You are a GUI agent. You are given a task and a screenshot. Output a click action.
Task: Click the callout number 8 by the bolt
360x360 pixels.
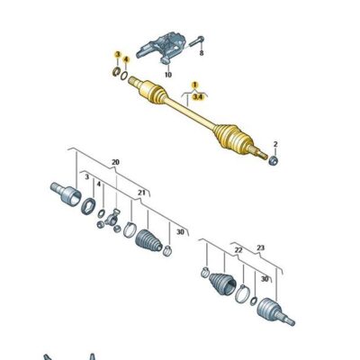(202, 54)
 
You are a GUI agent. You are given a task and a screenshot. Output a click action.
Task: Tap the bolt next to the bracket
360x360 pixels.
(199, 40)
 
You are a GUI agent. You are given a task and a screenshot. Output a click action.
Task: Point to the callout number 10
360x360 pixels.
(167, 75)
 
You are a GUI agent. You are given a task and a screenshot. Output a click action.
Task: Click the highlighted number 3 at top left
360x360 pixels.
(116, 56)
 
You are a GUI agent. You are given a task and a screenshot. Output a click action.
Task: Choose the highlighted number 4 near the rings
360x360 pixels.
(125, 59)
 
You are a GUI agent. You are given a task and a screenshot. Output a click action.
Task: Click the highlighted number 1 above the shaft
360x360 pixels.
(192, 84)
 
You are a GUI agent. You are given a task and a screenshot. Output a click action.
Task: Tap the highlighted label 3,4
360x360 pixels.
(196, 93)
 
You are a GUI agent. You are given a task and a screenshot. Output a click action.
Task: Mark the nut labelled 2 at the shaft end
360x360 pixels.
(272, 159)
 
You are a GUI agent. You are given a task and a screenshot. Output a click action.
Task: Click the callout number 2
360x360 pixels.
(275, 143)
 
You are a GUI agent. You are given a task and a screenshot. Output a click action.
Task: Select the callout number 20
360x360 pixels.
(115, 162)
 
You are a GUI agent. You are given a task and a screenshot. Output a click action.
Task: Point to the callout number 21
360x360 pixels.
(140, 193)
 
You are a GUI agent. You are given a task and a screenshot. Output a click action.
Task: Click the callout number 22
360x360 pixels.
(238, 248)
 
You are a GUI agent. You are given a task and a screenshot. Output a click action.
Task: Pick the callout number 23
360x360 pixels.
(261, 248)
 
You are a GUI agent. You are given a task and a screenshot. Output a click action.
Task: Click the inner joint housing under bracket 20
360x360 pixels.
(64, 193)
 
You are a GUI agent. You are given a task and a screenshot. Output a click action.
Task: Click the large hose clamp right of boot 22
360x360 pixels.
(241, 293)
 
